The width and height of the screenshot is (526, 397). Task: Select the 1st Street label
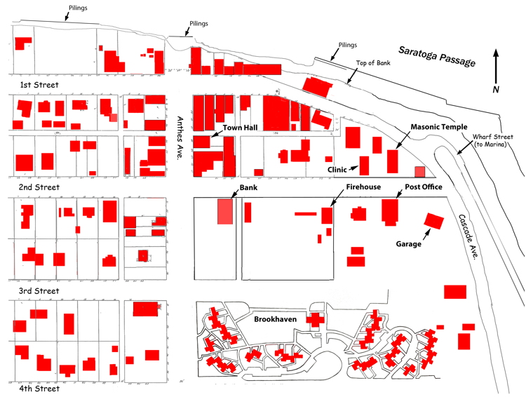click(x=39, y=85)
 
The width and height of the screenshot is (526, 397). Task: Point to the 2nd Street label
click(x=40, y=188)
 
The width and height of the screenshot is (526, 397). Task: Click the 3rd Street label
click(x=39, y=290)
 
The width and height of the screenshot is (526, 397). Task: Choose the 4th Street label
click(x=39, y=388)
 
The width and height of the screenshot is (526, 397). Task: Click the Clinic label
click(x=338, y=169)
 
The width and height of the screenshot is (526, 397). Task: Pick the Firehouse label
click(x=363, y=187)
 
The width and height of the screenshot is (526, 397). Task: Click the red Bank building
click(x=225, y=211)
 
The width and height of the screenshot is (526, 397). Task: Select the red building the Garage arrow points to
click(x=435, y=222)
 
